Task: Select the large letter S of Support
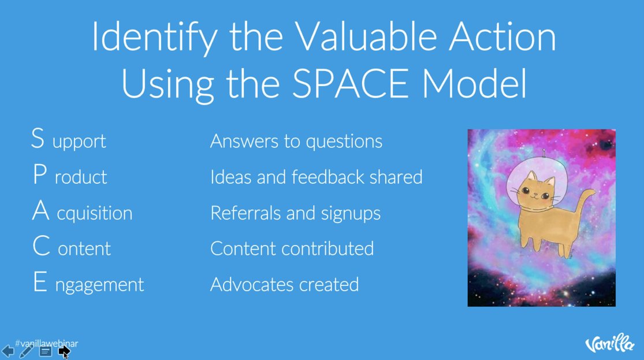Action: point(38,139)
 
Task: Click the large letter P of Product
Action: point(39,175)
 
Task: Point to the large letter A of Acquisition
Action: point(40,211)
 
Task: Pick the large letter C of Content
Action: point(40,247)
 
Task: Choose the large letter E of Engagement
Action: point(39,283)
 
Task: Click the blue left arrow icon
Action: point(8,351)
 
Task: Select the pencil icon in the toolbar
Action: point(26,351)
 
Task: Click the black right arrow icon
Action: point(64,351)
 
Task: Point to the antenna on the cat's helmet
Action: point(544,153)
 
